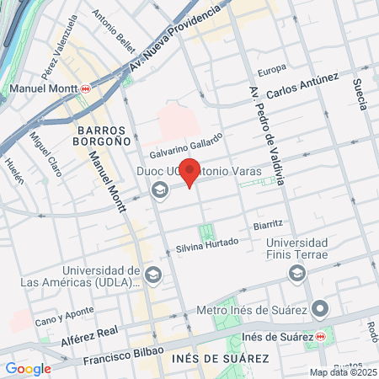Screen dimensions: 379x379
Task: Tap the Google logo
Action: point(28,368)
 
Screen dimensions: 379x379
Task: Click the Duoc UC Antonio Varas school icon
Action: point(158,190)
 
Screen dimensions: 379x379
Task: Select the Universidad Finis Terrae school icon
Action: point(296,274)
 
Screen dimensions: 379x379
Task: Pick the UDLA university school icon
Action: point(152,275)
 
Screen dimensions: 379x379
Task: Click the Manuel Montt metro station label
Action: point(44,88)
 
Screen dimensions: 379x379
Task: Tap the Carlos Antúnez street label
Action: point(302,87)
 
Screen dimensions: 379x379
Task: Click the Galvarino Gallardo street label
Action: point(186,146)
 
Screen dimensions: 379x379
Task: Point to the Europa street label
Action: point(272,69)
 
